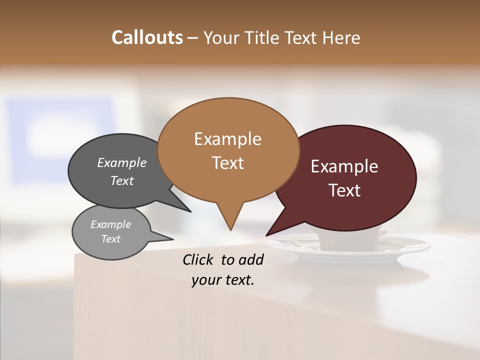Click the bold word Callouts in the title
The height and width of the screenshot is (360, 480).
coord(147,37)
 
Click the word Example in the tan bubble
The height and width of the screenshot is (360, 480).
coord(227,139)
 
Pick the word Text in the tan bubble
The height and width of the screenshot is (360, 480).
coord(228,163)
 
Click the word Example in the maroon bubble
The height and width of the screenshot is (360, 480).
coord(344,166)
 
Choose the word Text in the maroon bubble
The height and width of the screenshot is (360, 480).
coord(345,190)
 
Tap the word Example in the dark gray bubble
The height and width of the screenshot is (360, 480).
coord(121,162)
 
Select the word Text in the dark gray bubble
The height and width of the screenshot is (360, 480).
coord(122,180)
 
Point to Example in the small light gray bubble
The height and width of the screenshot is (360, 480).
coord(110,224)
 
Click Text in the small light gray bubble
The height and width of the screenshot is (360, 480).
coord(110,239)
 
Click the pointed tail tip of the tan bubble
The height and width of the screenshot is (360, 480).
coord(230,230)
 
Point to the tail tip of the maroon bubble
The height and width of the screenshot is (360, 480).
coord(266,235)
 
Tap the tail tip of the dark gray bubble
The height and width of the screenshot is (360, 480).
coord(191,211)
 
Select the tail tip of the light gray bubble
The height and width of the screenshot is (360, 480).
coord(173,238)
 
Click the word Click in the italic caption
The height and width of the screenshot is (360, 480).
coord(198,259)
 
